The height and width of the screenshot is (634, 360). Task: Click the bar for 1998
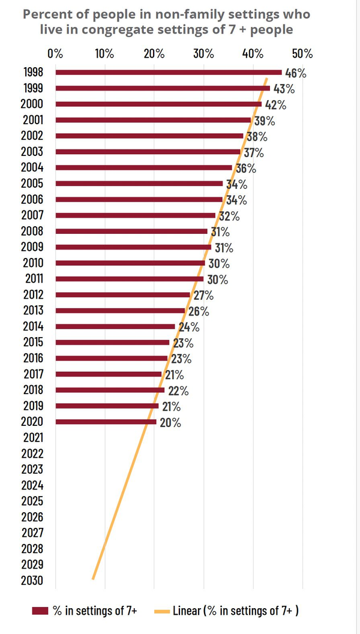[x=168, y=73]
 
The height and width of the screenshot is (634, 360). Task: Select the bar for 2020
[x=106, y=422]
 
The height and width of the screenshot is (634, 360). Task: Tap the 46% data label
[x=295, y=73]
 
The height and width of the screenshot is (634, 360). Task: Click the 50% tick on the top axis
[x=302, y=53]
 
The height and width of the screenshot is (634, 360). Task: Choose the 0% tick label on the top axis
[x=55, y=53]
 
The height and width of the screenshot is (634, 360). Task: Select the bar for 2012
[x=122, y=295]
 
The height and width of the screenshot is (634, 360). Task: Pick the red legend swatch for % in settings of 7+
[x=40, y=611]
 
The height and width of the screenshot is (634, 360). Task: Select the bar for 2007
[x=135, y=215]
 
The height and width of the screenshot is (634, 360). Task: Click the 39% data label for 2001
[x=264, y=121]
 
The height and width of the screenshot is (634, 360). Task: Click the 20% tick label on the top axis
[x=154, y=53]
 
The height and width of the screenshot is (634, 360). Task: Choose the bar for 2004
[x=143, y=168]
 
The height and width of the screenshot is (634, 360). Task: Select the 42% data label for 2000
[x=274, y=104]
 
